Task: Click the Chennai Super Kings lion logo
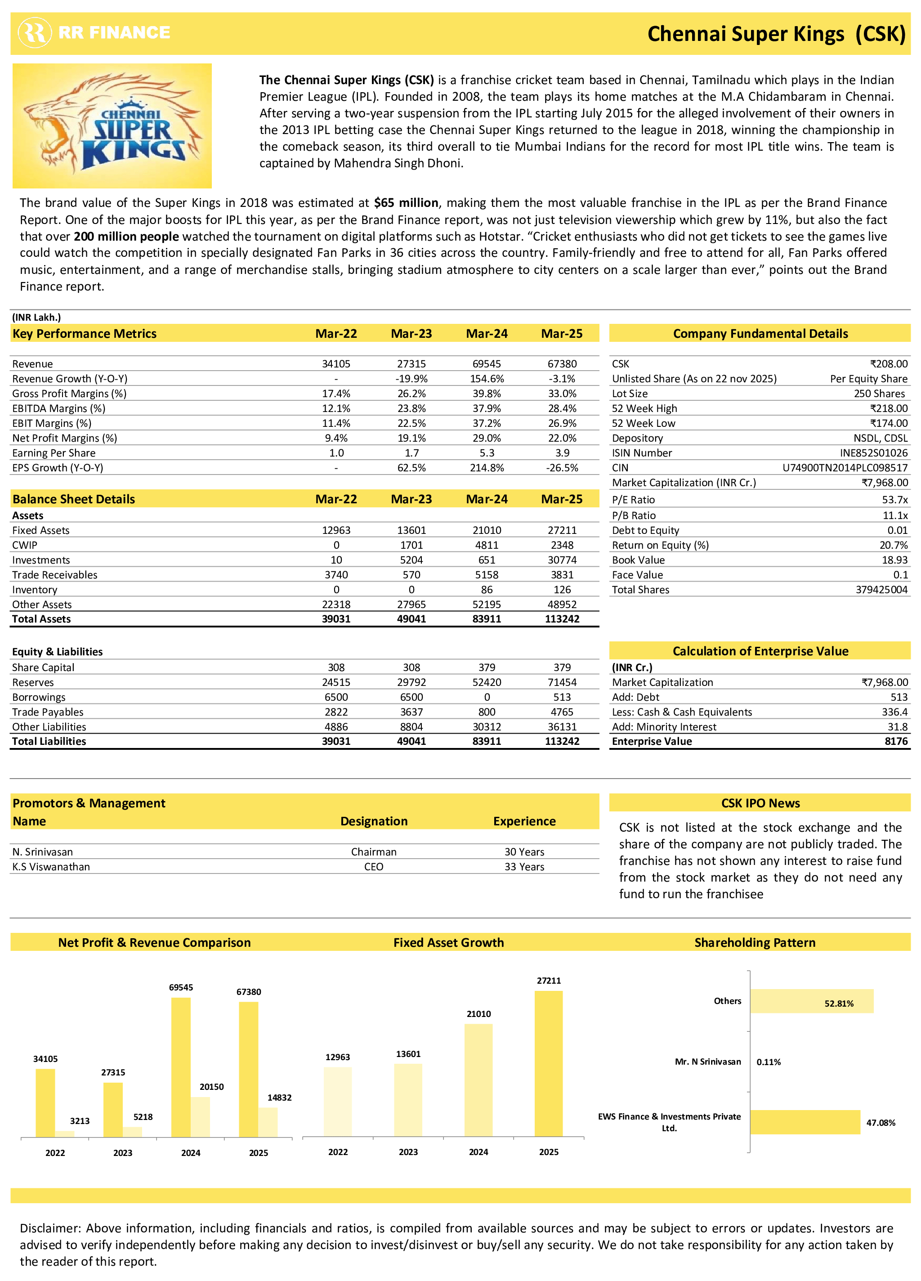[112, 125]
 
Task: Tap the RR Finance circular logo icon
[35, 33]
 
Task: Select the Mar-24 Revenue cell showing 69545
[486, 364]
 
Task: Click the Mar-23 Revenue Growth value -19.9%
[411, 378]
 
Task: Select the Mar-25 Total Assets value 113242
[562, 619]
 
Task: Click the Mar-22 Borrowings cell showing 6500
[336, 697]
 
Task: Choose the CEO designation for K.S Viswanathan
[373, 866]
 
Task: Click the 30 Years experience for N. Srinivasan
[524, 852]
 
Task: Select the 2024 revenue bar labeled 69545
[181, 1067]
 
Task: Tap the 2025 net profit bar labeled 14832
[268, 1122]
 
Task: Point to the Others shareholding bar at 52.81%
[811, 1001]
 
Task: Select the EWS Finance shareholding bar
[805, 1122]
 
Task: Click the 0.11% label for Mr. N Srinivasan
[769, 1062]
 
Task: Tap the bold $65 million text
[406, 203]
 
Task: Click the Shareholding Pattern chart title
[755, 942]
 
